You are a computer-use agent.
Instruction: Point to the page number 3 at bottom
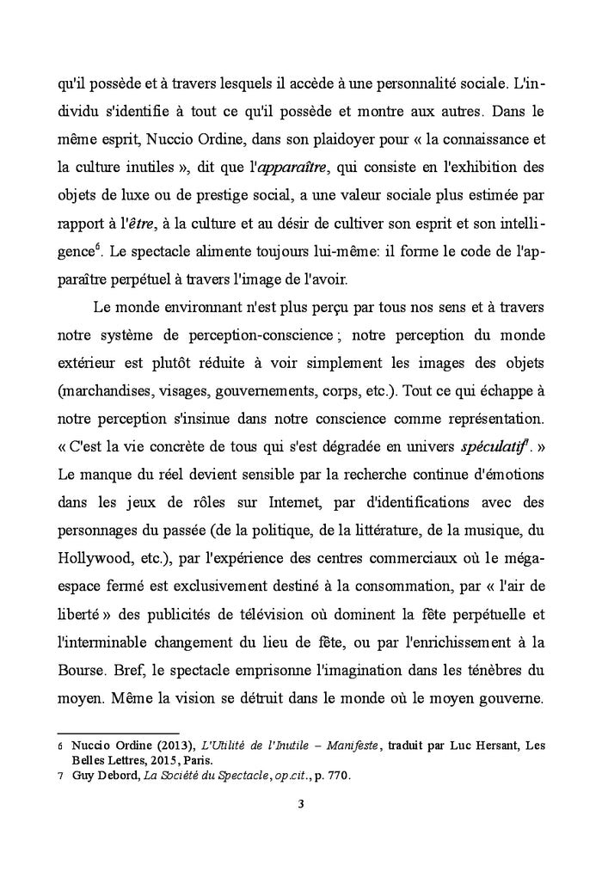(x=300, y=805)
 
